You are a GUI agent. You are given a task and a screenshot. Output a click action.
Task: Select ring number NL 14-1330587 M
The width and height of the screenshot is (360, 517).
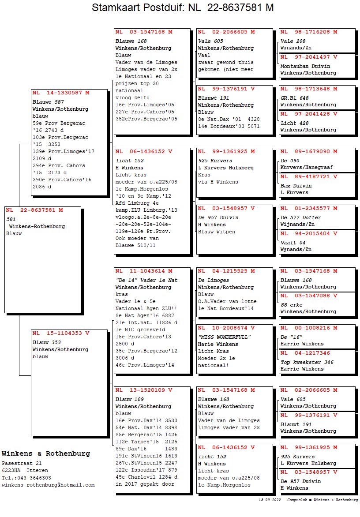61,93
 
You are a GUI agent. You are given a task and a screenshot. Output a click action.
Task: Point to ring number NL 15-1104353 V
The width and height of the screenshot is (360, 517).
61,333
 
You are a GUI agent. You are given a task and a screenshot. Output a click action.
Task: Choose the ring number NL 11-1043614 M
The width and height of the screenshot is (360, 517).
144,271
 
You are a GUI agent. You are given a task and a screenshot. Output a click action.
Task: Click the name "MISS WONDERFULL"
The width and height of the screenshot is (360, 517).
224,337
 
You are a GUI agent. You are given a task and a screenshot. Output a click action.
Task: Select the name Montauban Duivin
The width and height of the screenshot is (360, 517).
305,66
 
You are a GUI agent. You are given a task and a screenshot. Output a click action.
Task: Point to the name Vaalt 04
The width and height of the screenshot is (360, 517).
293,243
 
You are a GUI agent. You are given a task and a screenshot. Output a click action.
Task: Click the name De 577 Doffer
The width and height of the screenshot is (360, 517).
301,217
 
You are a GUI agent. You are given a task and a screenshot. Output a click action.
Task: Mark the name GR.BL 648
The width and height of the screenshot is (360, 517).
295,98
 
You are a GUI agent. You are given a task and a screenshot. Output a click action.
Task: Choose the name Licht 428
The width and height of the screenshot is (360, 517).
295,123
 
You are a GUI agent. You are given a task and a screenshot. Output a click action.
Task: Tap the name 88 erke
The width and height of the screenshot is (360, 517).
292,305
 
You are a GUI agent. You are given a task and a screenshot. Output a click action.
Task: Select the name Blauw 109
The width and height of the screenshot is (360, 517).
130,399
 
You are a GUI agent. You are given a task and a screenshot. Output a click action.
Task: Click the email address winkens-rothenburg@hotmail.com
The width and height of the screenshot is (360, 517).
48,485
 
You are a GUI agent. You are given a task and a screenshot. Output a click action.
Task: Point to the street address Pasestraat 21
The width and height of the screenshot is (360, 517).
22,464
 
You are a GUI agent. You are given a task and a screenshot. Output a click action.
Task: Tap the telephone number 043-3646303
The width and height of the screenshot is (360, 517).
32,478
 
